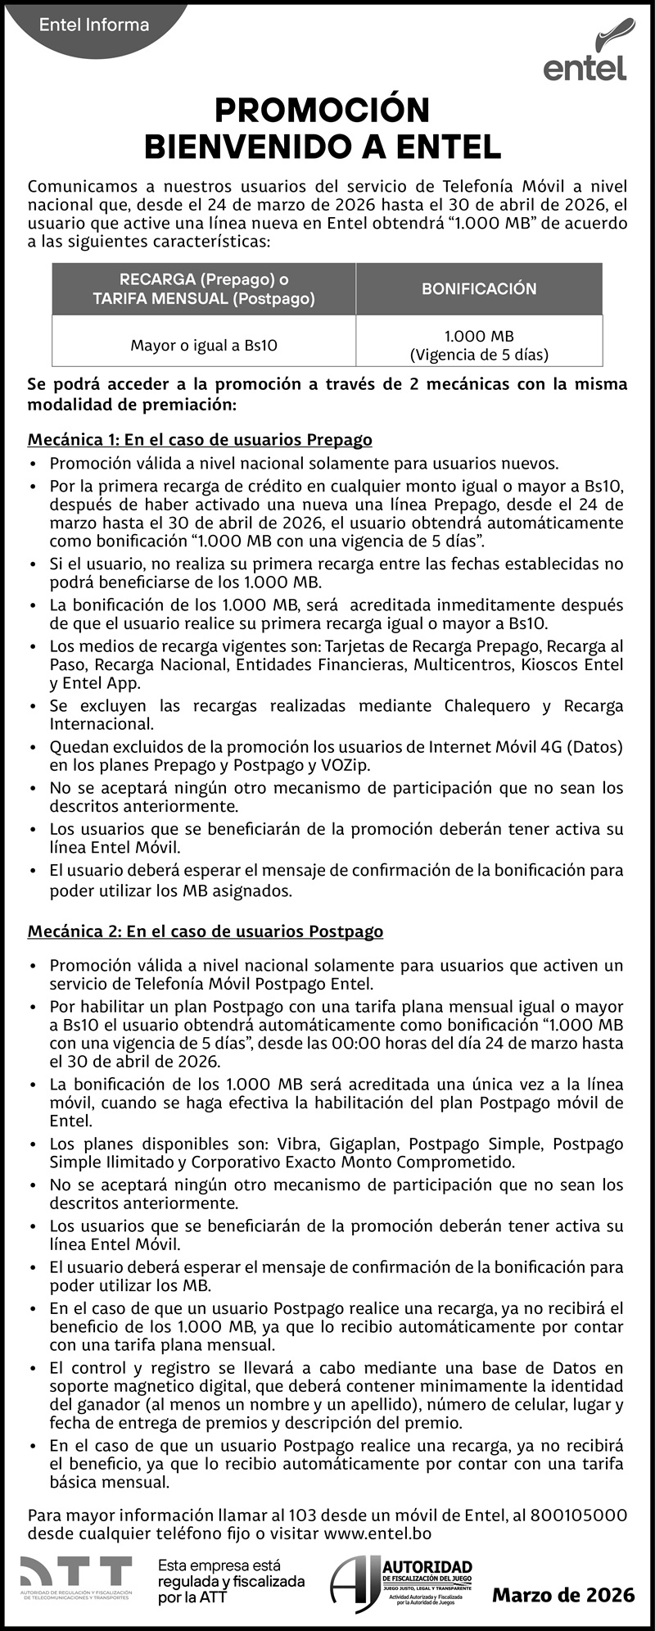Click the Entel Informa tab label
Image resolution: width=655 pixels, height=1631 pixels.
(94, 25)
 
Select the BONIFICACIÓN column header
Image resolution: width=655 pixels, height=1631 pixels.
(479, 288)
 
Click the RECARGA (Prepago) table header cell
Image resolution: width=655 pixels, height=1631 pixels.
(204, 288)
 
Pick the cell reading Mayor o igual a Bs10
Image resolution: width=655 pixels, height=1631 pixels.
(204, 346)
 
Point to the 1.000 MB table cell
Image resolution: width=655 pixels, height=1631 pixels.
(479, 346)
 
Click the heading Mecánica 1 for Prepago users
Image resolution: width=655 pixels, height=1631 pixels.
(200, 440)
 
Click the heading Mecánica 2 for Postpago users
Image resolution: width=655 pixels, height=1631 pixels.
(206, 931)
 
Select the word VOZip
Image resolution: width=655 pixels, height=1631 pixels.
(346, 765)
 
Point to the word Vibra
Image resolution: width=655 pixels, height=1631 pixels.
(298, 1144)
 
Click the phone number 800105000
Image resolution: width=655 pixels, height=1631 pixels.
(579, 1515)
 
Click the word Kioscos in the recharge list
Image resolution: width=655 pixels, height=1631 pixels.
(549, 664)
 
